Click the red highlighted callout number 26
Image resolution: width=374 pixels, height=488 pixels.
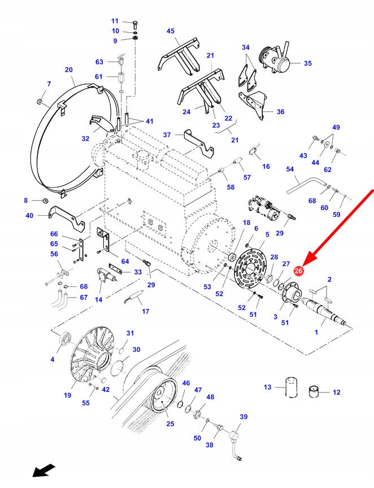[299, 271]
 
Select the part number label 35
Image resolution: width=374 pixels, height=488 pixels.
[307, 63]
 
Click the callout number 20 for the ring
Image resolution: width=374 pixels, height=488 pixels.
[69, 70]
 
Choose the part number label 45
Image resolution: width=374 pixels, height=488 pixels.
[171, 31]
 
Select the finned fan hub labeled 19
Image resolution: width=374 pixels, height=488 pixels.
[90, 356]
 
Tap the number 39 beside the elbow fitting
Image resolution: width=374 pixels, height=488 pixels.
[243, 416]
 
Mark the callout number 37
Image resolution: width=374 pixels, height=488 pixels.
[167, 135]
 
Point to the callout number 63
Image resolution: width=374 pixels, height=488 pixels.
[99, 62]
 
